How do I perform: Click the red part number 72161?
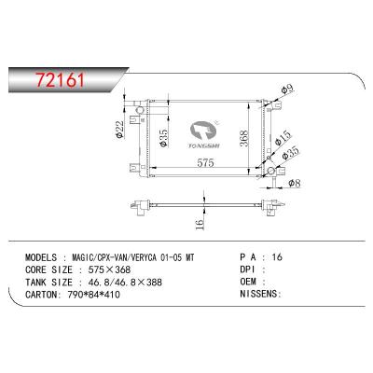pos(61,80)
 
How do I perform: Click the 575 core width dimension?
pos(205,162)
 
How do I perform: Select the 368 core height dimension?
pos(243,138)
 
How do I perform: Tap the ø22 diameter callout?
pos(119,129)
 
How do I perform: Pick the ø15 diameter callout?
pos(283,138)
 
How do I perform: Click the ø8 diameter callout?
pos(295,184)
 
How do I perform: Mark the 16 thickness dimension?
pos(200,223)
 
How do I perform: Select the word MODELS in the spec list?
pos(41,257)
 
